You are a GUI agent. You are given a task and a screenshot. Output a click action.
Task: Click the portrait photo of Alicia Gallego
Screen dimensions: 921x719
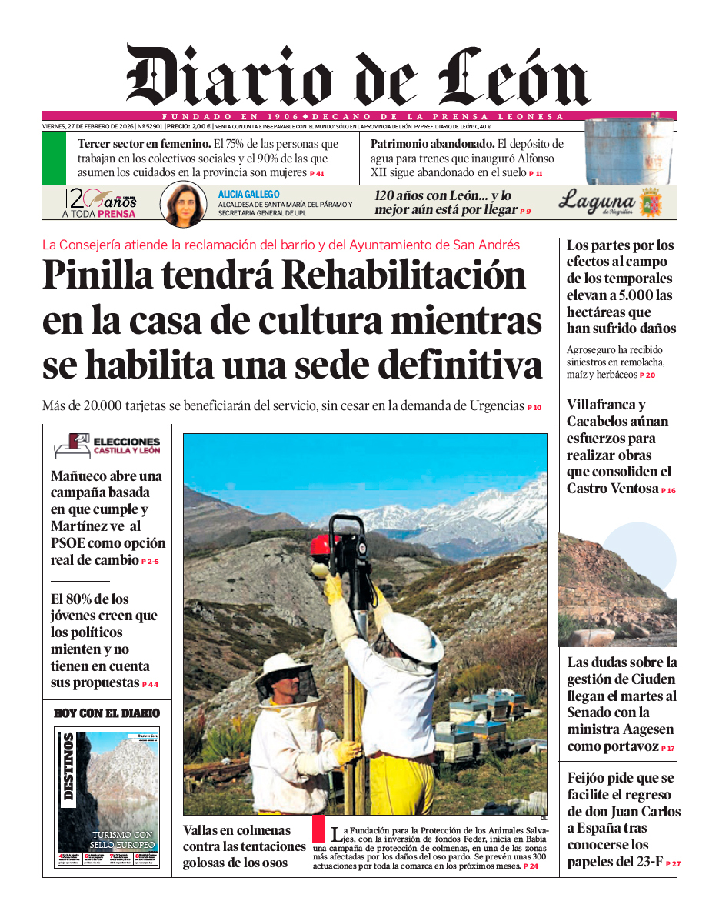tap(183, 205)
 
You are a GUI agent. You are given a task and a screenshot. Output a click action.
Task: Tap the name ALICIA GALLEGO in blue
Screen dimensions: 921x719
tap(249, 195)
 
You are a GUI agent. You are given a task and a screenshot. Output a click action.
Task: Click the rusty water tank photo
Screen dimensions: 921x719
tap(630, 152)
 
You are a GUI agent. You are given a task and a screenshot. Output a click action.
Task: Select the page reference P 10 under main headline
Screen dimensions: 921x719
tap(534, 408)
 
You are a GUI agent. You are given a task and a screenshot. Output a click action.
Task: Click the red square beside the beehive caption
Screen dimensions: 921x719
tap(318, 828)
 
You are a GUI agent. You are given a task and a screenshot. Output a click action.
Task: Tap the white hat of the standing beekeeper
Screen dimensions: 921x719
tap(413, 635)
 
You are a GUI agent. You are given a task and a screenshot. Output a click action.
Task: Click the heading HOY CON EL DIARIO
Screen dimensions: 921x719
tap(107, 713)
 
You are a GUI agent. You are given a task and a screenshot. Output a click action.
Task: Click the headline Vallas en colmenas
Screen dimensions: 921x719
tap(237, 830)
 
